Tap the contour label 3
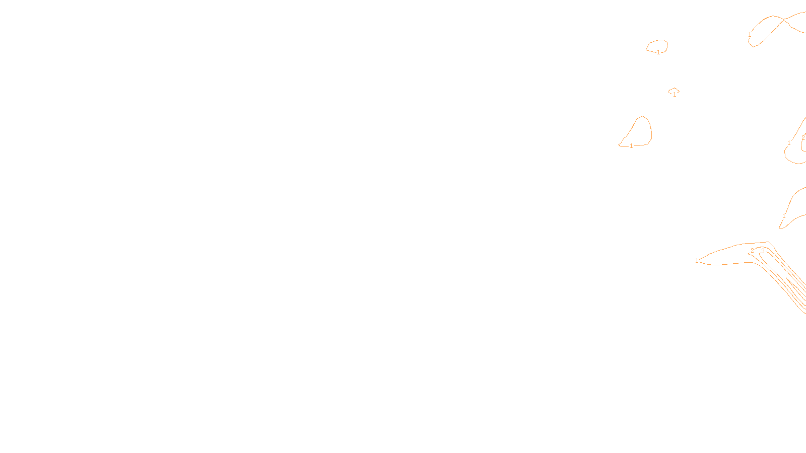763,251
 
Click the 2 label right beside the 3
752,251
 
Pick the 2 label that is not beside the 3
803,138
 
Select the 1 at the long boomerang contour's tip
697,261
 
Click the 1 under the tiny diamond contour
675,95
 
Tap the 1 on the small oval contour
658,52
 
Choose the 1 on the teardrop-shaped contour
631,146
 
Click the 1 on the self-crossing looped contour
750,35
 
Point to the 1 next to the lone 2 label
789,143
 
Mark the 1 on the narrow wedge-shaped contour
784,216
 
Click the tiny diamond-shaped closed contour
674,91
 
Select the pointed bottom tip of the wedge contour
779,229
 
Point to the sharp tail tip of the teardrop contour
619,145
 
